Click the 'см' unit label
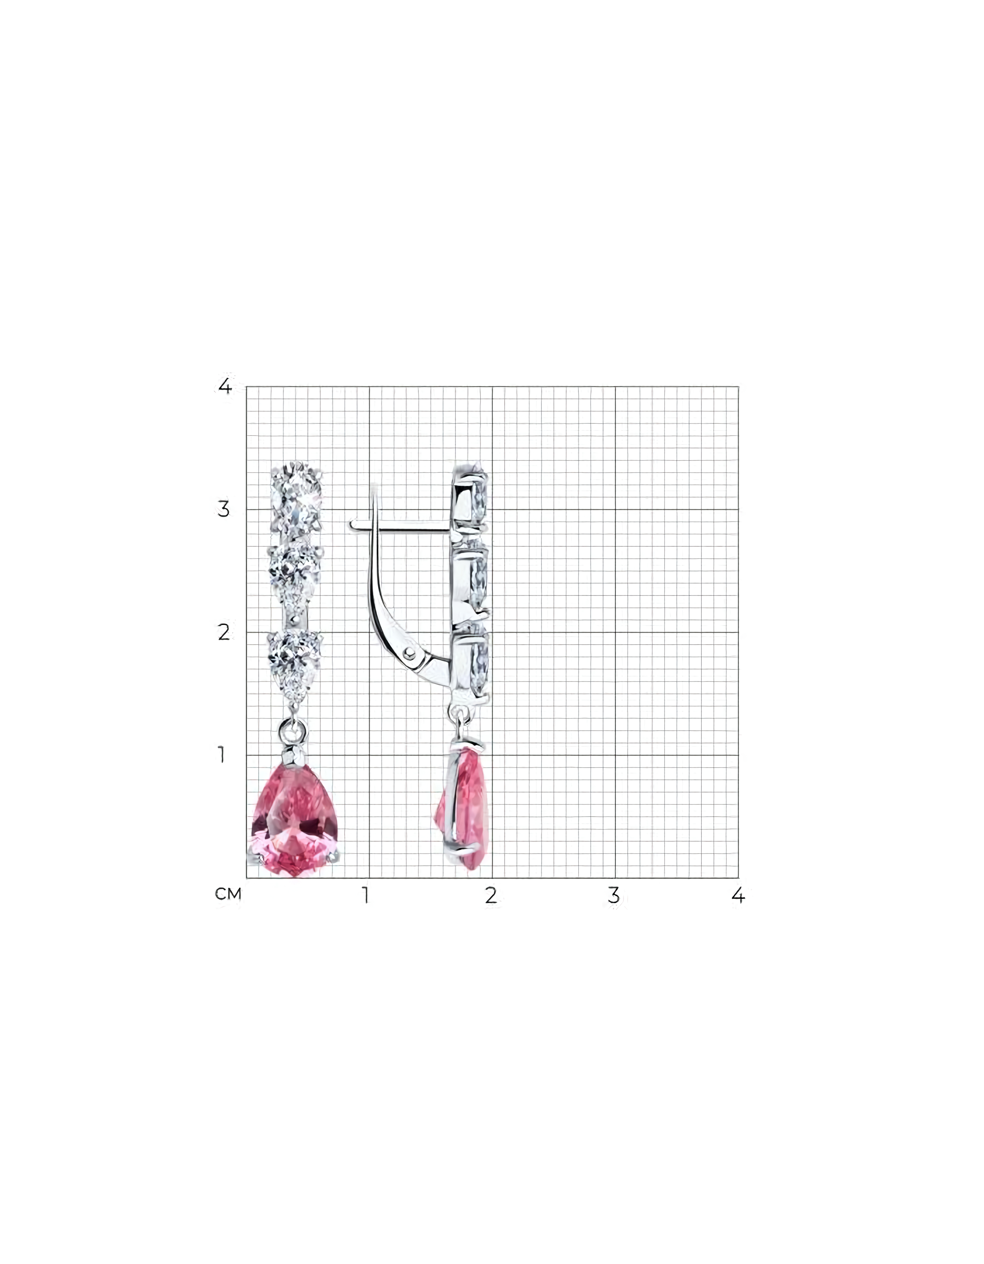point(228,895)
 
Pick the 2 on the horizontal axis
point(491,895)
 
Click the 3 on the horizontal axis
point(614,895)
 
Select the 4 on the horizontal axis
point(738,895)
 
